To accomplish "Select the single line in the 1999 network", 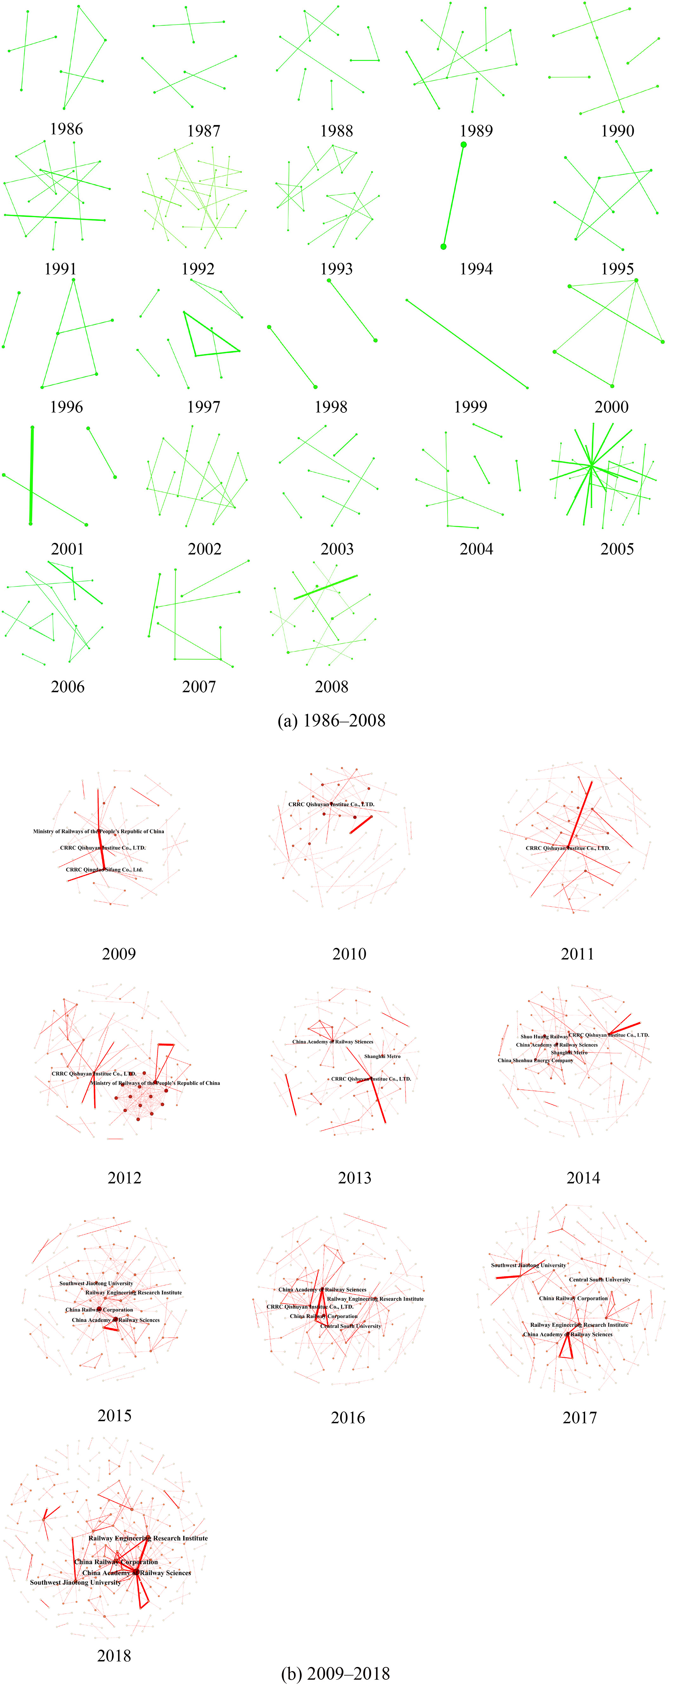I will point(467,344).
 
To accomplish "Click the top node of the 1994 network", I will point(464,144).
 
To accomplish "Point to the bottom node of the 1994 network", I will point(443,247).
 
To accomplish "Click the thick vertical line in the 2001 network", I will point(32,475).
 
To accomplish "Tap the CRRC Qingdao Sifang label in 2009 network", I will point(104,870).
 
